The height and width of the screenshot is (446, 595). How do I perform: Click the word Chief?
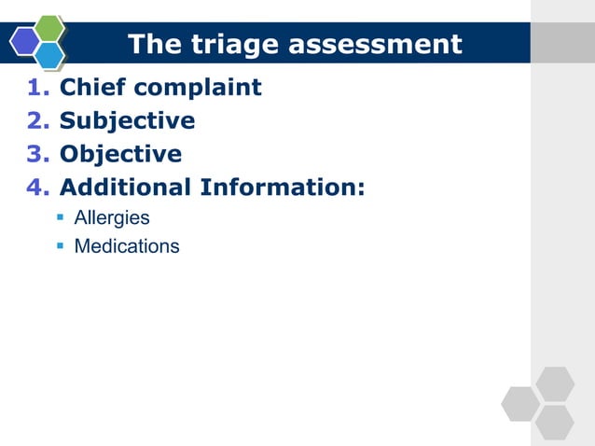(91, 88)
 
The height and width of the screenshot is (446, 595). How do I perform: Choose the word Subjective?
(127, 121)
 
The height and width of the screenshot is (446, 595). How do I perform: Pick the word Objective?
(120, 154)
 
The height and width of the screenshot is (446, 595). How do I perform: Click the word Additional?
(126, 188)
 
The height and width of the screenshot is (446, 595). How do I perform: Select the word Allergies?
(112, 218)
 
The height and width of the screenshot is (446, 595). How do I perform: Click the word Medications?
(127, 247)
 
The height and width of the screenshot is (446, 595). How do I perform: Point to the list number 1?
(36, 88)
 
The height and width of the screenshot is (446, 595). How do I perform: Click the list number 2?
(36, 121)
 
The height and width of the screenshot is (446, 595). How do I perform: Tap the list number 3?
(36, 154)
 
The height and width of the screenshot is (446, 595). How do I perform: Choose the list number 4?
(36, 188)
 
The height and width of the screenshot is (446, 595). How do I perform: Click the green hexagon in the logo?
(48, 28)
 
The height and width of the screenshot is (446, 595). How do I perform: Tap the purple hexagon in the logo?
(24, 41)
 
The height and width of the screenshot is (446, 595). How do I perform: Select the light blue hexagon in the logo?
(48, 55)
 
